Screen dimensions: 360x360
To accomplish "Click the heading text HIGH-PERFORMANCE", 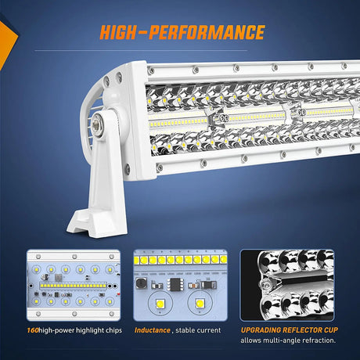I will [x=181, y=32].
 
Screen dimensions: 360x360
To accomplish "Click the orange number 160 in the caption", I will [x=34, y=330].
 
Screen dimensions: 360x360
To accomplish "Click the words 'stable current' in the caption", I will [x=200, y=330].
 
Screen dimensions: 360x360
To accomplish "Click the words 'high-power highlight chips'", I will [x=81, y=330].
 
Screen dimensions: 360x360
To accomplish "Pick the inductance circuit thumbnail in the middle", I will [x=179, y=284].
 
